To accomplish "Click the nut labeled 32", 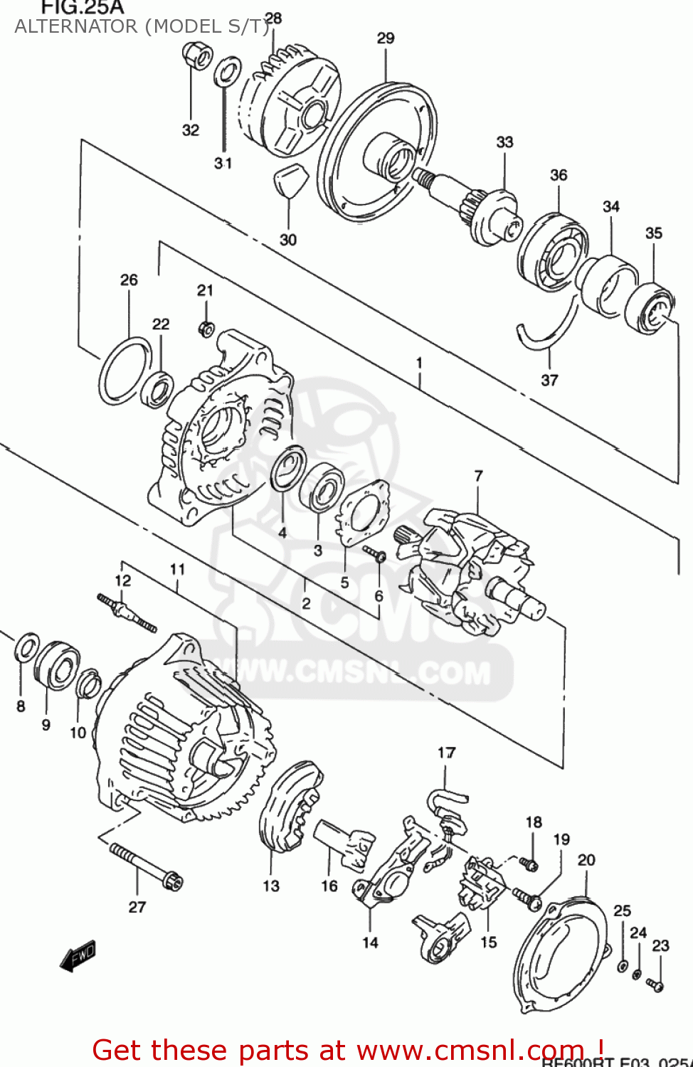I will (196, 55).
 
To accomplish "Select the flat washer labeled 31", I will (227, 72).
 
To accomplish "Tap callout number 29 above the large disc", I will (386, 38).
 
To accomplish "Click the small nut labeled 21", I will (206, 329).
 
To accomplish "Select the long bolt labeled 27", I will (146, 866).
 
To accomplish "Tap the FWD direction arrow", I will (78, 957).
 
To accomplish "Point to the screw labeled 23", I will (655, 985).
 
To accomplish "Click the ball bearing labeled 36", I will (553, 253).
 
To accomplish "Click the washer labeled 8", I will (27, 648).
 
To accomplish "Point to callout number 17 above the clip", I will (446, 753).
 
